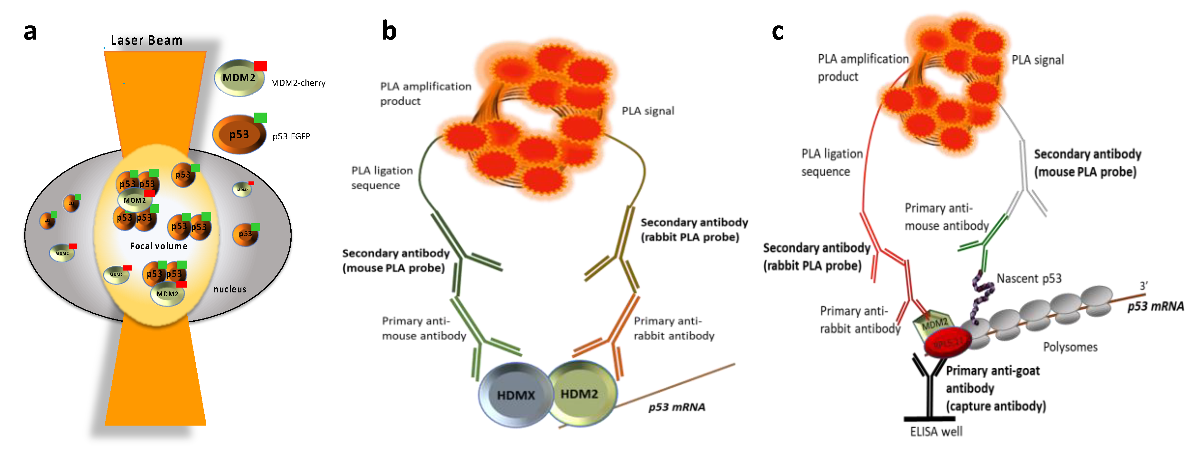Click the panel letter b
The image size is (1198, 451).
(389, 31)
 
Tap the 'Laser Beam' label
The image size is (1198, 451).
(146, 41)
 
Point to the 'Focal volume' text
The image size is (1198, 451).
(159, 246)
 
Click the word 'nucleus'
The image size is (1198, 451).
(230, 289)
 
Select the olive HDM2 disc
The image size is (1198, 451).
(579, 393)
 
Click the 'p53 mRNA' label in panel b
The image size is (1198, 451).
(677, 407)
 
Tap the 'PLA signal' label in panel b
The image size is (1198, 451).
(648, 111)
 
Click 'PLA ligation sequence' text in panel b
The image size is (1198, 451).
(381, 178)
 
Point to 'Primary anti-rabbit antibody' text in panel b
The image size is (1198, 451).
(673, 328)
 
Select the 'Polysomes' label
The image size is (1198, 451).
(1070, 347)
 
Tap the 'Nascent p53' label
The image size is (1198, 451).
(1029, 279)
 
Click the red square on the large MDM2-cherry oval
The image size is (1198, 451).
(260, 66)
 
